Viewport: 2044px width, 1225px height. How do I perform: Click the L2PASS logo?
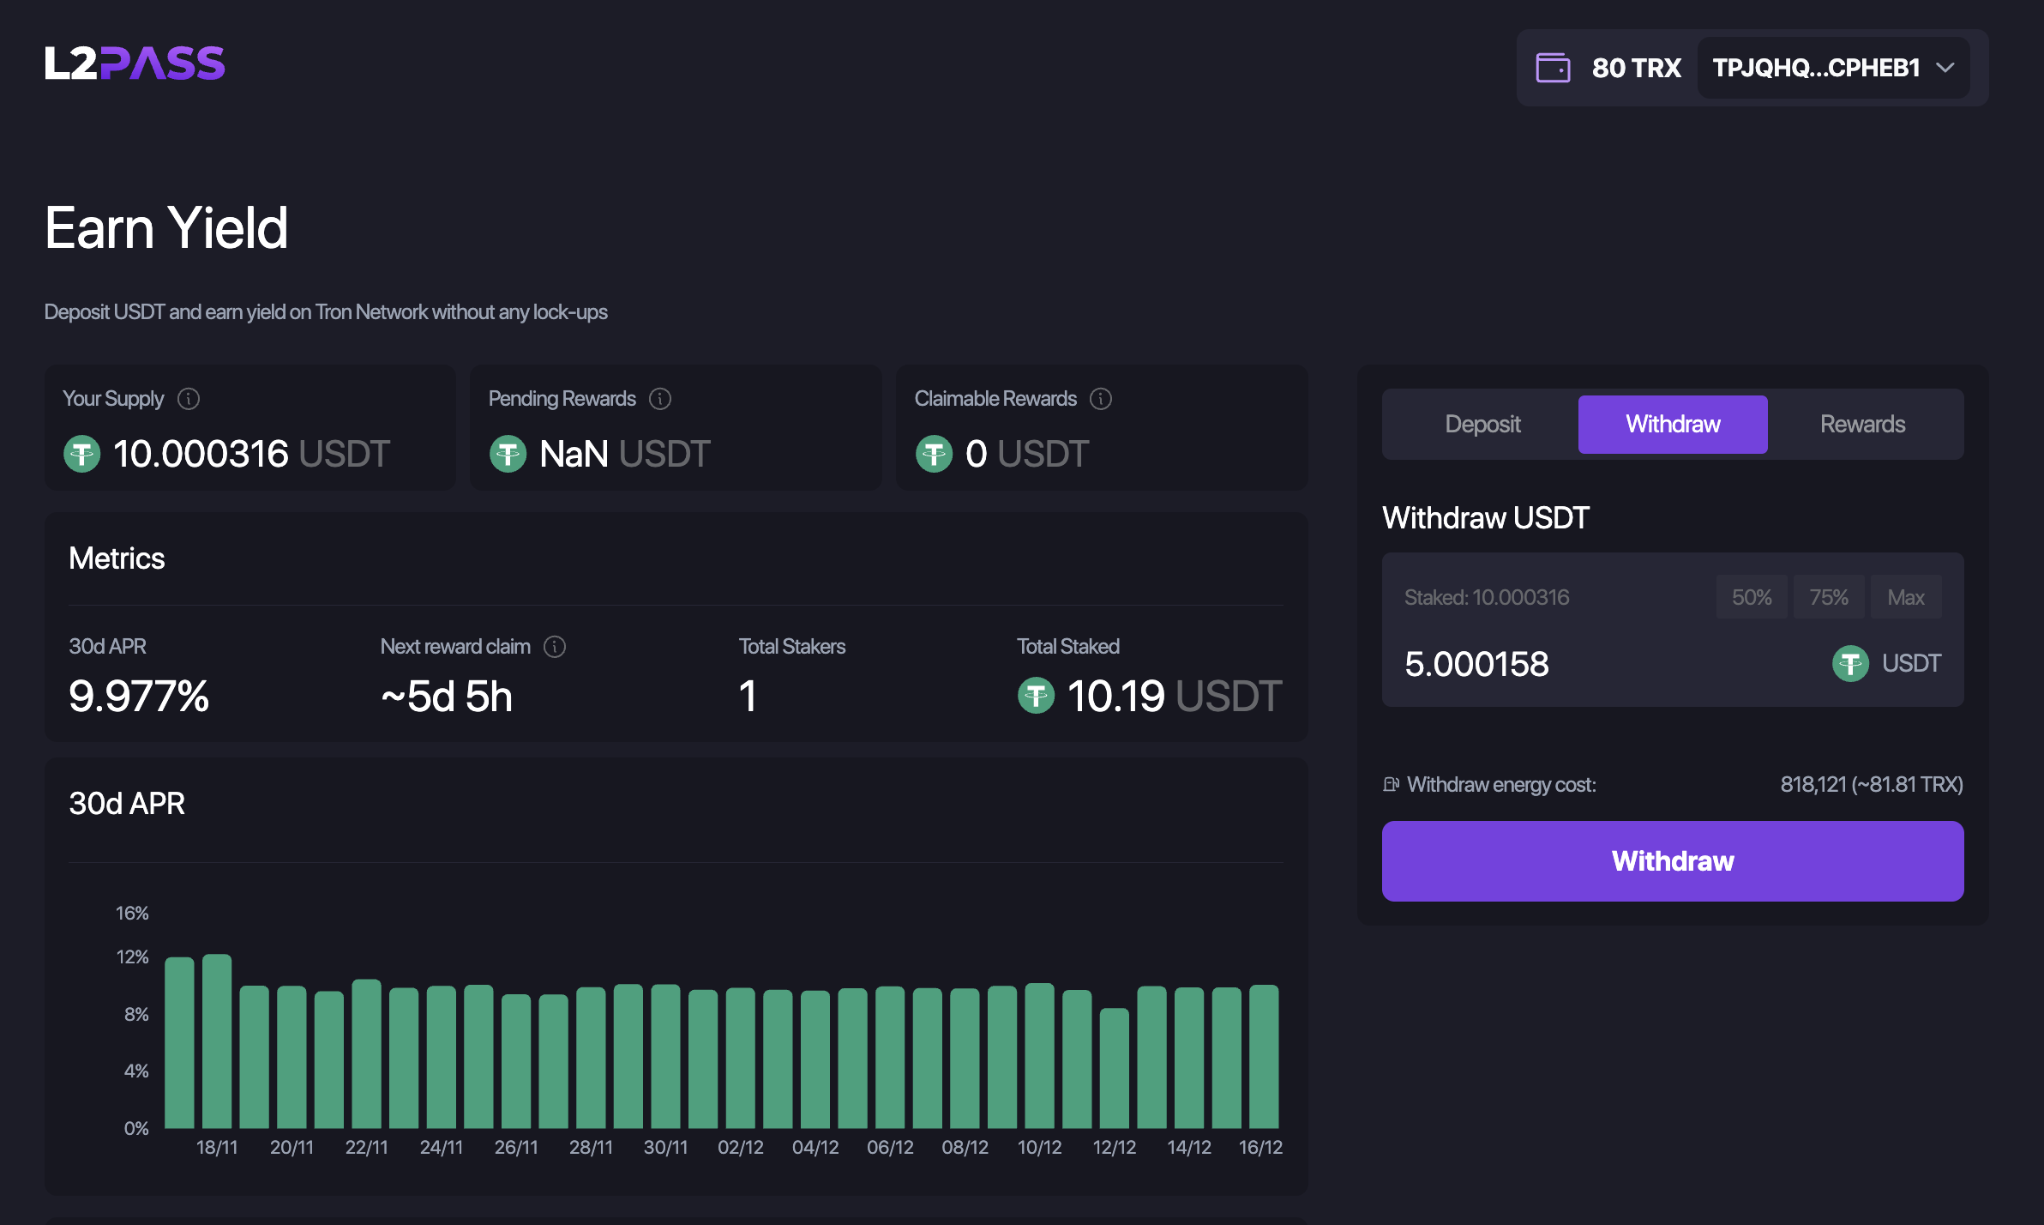tap(135, 63)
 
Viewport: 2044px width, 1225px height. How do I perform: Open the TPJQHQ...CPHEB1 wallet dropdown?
tap(1833, 68)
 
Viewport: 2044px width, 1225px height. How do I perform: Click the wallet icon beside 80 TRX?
tap(1553, 68)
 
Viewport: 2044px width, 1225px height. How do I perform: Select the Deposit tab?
tap(1482, 424)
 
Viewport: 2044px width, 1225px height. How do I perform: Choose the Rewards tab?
tap(1862, 424)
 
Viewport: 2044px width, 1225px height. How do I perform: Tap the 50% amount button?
tap(1751, 597)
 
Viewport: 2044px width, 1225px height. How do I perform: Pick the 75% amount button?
tap(1828, 597)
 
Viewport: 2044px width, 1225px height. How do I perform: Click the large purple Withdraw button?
tap(1672, 860)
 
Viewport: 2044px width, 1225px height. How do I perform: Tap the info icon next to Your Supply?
tap(189, 399)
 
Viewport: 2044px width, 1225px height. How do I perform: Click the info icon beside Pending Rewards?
tap(660, 399)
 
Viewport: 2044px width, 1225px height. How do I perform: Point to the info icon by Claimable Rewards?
tap(1101, 399)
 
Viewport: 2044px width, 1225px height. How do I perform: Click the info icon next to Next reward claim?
tap(555, 647)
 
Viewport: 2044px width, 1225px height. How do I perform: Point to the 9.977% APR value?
tap(139, 696)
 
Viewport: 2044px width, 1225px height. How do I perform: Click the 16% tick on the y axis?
tap(132, 913)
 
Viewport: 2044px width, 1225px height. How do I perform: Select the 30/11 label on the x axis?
tap(665, 1147)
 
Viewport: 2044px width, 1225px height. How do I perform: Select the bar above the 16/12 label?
tap(1264, 1056)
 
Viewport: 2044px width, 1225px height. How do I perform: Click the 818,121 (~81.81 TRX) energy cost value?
tap(1871, 784)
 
